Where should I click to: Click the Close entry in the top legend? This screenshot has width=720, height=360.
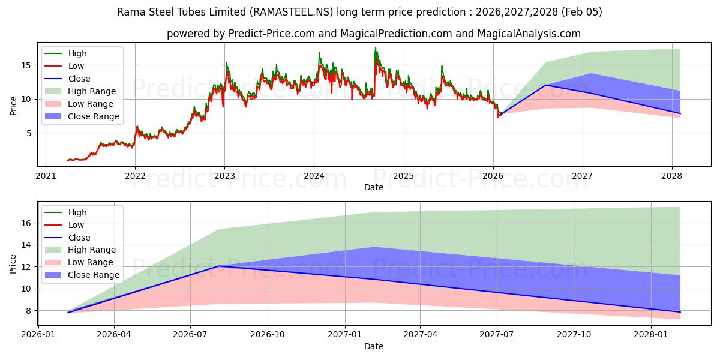[79, 79]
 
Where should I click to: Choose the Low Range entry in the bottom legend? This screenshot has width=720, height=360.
[91, 262]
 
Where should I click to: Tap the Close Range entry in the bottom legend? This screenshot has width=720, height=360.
[93, 275]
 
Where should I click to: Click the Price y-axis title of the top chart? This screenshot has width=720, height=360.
[13, 106]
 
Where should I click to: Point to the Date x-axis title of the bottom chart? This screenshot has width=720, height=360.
[374, 346]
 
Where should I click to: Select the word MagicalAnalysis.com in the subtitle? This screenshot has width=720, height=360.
[528, 34]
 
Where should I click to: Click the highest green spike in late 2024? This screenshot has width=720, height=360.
[376, 49]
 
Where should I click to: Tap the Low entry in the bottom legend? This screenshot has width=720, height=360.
[77, 225]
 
